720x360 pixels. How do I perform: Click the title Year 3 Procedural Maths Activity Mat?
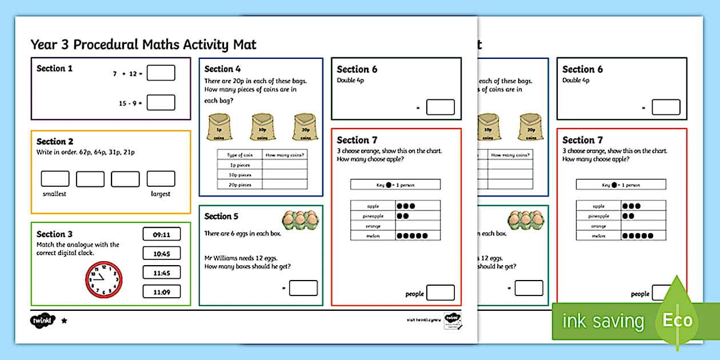pos(143,44)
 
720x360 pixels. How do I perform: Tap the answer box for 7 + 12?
pos(161,73)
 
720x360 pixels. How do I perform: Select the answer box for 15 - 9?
pos(161,102)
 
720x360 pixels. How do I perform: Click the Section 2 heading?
pos(55,141)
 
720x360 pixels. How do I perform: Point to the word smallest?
pos(54,194)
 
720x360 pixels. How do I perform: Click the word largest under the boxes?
pos(161,194)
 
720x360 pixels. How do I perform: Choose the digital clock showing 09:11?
pos(161,234)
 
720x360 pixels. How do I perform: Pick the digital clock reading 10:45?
pos(161,253)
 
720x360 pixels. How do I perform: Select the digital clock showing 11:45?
pos(161,273)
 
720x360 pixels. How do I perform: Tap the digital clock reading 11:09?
pos(161,292)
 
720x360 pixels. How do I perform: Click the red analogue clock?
pos(104,280)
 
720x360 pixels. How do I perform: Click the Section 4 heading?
pos(222,69)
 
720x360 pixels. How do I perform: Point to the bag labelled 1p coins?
pos(219,127)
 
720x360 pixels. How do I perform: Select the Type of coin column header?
pos(239,155)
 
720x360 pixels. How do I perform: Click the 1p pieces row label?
pos(239,165)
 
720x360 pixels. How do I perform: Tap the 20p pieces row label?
pos(239,184)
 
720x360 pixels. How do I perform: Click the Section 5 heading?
pos(221,216)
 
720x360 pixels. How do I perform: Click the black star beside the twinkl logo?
pos(64,321)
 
